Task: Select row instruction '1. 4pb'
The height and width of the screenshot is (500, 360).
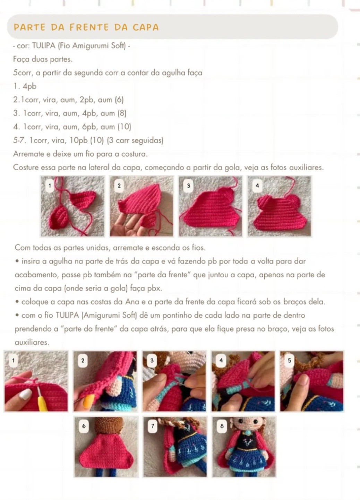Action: tap(25, 86)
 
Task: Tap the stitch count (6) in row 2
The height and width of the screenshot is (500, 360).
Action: tap(119, 100)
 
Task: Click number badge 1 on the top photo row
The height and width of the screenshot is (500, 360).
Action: tap(50, 186)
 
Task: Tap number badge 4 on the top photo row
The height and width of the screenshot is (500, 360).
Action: tap(257, 186)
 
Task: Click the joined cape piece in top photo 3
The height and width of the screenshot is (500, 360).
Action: tap(210, 212)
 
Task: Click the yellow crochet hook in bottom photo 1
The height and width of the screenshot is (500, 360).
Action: tap(42, 399)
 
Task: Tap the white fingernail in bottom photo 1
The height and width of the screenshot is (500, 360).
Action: tap(25, 394)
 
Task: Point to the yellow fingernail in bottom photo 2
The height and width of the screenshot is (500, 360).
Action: tap(88, 400)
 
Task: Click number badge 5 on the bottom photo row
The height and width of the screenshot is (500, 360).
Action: tap(289, 361)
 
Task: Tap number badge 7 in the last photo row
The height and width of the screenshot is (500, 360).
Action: tap(152, 426)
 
